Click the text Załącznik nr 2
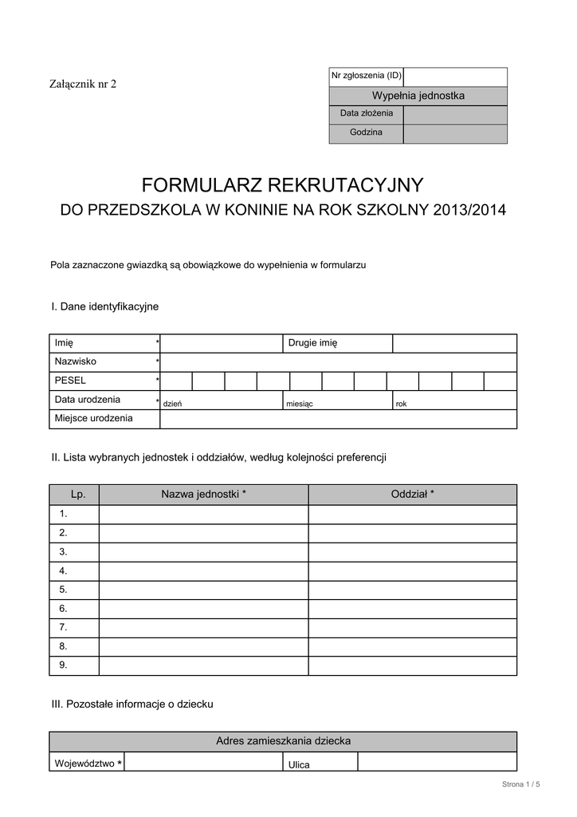[83, 85]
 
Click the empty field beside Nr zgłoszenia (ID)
[455, 77]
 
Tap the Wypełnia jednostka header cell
[418, 96]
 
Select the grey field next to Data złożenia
[455, 114]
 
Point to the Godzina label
[366, 132]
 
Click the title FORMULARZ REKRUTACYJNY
[282, 186]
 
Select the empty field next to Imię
[221, 343]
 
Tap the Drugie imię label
[313, 343]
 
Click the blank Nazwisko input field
[338, 362]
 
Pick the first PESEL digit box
[176, 381]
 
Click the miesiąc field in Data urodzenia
[337, 400]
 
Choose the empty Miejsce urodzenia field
[338, 419]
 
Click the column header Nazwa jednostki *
[203, 495]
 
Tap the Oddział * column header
[412, 495]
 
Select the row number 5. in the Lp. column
[63, 590]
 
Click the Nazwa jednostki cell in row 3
[203, 551]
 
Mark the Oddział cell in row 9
[412, 665]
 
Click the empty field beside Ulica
[437, 762]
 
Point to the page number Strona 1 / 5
[521, 785]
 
